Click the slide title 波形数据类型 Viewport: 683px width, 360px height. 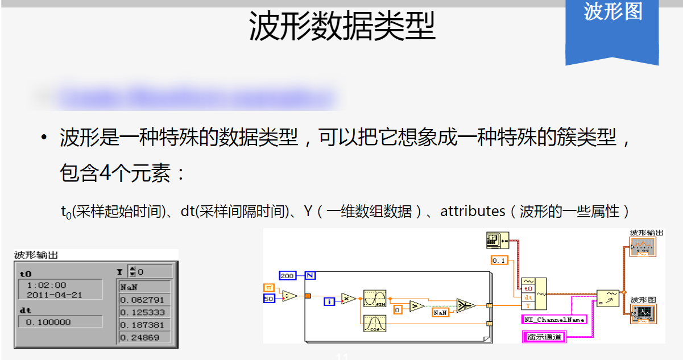click(342, 27)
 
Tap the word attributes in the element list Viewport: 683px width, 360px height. click(473, 212)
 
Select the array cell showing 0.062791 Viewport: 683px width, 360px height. click(144, 300)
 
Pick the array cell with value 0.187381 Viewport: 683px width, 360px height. click(144, 325)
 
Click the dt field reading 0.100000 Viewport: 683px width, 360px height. click(59, 322)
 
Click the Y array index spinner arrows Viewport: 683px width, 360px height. click(132, 272)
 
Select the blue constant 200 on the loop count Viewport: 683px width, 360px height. click(288, 276)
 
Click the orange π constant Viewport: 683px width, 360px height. click(269, 287)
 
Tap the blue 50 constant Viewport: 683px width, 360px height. click(269, 299)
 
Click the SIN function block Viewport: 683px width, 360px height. click(374, 297)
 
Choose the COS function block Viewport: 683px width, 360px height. click(374, 323)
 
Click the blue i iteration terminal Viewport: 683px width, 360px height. click(330, 301)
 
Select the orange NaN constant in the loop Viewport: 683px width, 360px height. click(440, 313)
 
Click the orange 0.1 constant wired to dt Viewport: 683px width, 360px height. click(499, 260)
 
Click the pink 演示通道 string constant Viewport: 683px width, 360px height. click(544, 337)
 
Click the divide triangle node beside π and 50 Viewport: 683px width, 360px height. click(289, 295)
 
